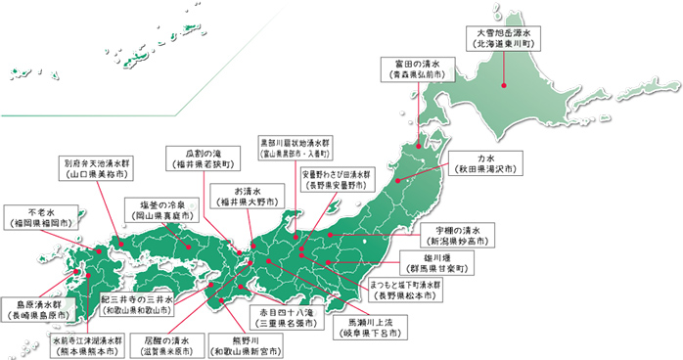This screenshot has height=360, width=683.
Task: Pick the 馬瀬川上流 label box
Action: tap(366, 326)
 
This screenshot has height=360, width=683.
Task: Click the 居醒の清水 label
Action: tap(171, 345)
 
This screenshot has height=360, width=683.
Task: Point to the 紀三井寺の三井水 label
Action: tap(137, 302)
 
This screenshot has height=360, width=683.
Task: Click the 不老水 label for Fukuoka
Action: tap(36, 217)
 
